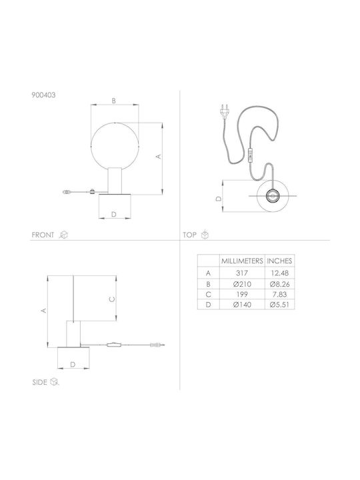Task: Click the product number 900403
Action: (44, 95)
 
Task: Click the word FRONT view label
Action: (43, 235)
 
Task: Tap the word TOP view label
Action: (189, 235)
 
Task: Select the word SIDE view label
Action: (40, 382)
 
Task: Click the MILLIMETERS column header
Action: (242, 261)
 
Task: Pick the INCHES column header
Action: (279, 261)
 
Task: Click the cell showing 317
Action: (242, 273)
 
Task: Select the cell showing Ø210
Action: (242, 284)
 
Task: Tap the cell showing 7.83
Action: (279, 295)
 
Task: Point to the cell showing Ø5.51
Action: (279, 305)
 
